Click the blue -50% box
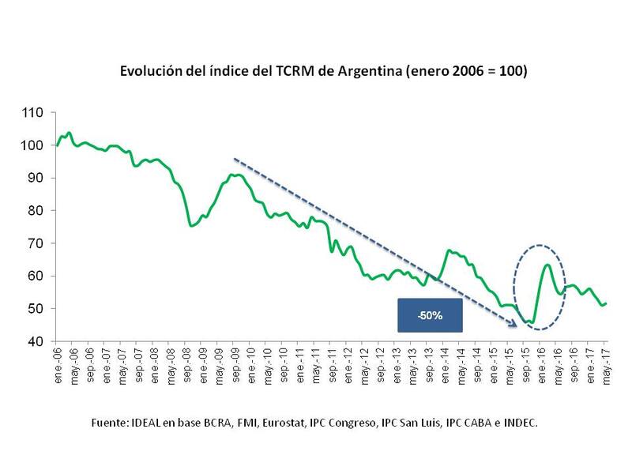430,314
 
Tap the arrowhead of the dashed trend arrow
514,323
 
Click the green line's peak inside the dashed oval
547,265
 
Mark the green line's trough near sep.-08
192,226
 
